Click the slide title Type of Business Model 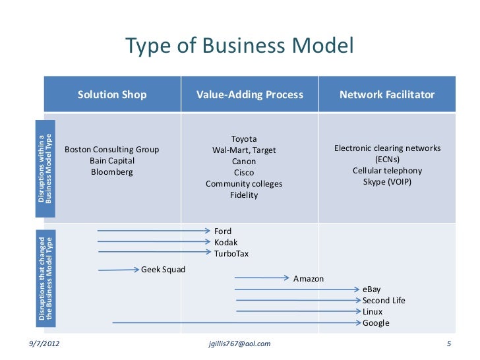coord(240,46)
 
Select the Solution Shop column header coord(112,95)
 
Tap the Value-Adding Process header coord(250,95)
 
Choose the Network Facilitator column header coord(387,95)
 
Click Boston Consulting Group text coord(112,150)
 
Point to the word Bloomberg coord(112,172)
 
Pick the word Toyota coord(244,139)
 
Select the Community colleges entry coord(244,184)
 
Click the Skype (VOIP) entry coord(387,181)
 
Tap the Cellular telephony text coord(387,171)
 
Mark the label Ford coord(223,231)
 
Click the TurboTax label coord(231,254)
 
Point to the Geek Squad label coord(164,270)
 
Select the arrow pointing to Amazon coord(261,278)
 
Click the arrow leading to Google coord(237,322)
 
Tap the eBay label coord(372,289)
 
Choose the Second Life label coord(384,301)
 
